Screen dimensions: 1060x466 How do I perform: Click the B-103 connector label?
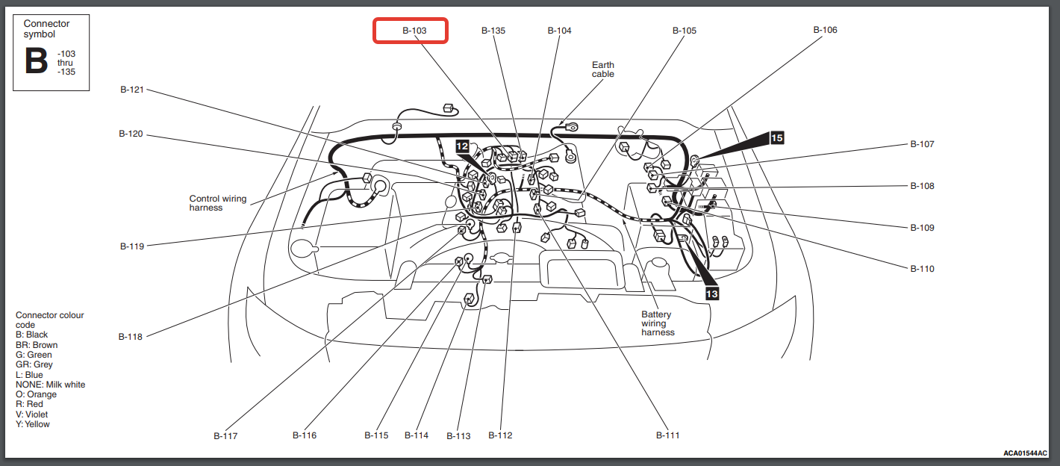[x=414, y=31]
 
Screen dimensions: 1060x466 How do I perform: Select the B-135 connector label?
[x=493, y=31]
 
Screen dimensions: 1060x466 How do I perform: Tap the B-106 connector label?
[x=826, y=30]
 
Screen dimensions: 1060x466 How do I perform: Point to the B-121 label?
[x=132, y=90]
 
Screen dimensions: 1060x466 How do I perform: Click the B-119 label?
[x=132, y=246]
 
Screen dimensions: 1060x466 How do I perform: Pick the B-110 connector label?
[x=923, y=269]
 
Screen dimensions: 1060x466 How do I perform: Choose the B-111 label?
[x=667, y=435]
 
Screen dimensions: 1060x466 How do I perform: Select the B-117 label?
[x=225, y=436]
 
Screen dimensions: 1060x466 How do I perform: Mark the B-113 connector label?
[x=458, y=436]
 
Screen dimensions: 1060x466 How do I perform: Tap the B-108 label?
[x=923, y=186]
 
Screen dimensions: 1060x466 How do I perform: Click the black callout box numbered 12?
[x=462, y=146]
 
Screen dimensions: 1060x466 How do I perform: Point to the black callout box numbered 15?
[x=777, y=138]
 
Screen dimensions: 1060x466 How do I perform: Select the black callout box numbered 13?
[x=712, y=293]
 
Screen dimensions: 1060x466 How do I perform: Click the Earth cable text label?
[x=603, y=69]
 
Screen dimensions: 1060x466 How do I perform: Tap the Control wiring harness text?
[x=218, y=203]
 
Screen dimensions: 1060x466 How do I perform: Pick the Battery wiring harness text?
[x=658, y=323]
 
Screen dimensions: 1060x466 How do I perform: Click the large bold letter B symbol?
[x=37, y=61]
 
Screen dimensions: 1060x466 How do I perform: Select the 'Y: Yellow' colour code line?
[x=33, y=424]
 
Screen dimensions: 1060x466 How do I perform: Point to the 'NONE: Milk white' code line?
[x=50, y=385]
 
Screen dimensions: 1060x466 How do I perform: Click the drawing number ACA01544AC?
[x=1026, y=453]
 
